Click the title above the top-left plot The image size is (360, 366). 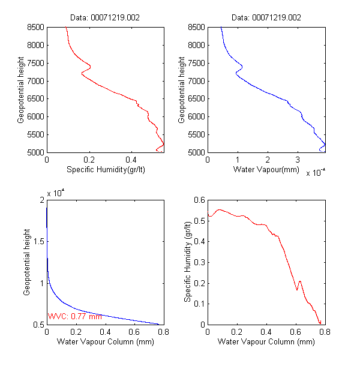tap(106, 18)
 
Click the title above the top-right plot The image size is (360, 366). tap(267, 18)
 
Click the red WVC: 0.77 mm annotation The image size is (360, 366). tap(75, 316)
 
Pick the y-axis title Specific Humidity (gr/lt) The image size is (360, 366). tap(188, 262)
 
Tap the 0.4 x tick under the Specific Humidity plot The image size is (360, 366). tap(131, 160)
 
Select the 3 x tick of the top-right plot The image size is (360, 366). tap(298, 160)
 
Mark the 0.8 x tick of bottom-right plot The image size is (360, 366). tap(325, 332)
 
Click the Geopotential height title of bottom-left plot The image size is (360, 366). tap(27, 262)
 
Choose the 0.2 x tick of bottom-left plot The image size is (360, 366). tap(76, 332)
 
